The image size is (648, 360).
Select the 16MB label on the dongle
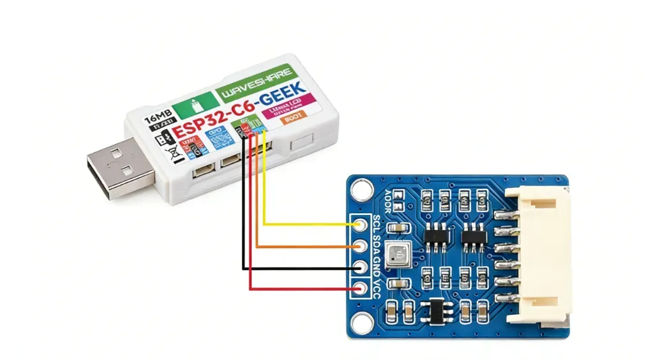pyautogui.click(x=158, y=119)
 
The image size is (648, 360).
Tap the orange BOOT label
pyautogui.click(x=294, y=118)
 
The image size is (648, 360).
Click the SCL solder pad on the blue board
pyautogui.click(x=363, y=225)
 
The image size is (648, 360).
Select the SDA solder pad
pyautogui.click(x=363, y=246)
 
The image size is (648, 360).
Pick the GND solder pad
pyautogui.click(x=363, y=267)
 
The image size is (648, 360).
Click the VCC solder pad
pyautogui.click(x=363, y=289)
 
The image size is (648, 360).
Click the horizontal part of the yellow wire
pyautogui.click(x=306, y=225)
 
